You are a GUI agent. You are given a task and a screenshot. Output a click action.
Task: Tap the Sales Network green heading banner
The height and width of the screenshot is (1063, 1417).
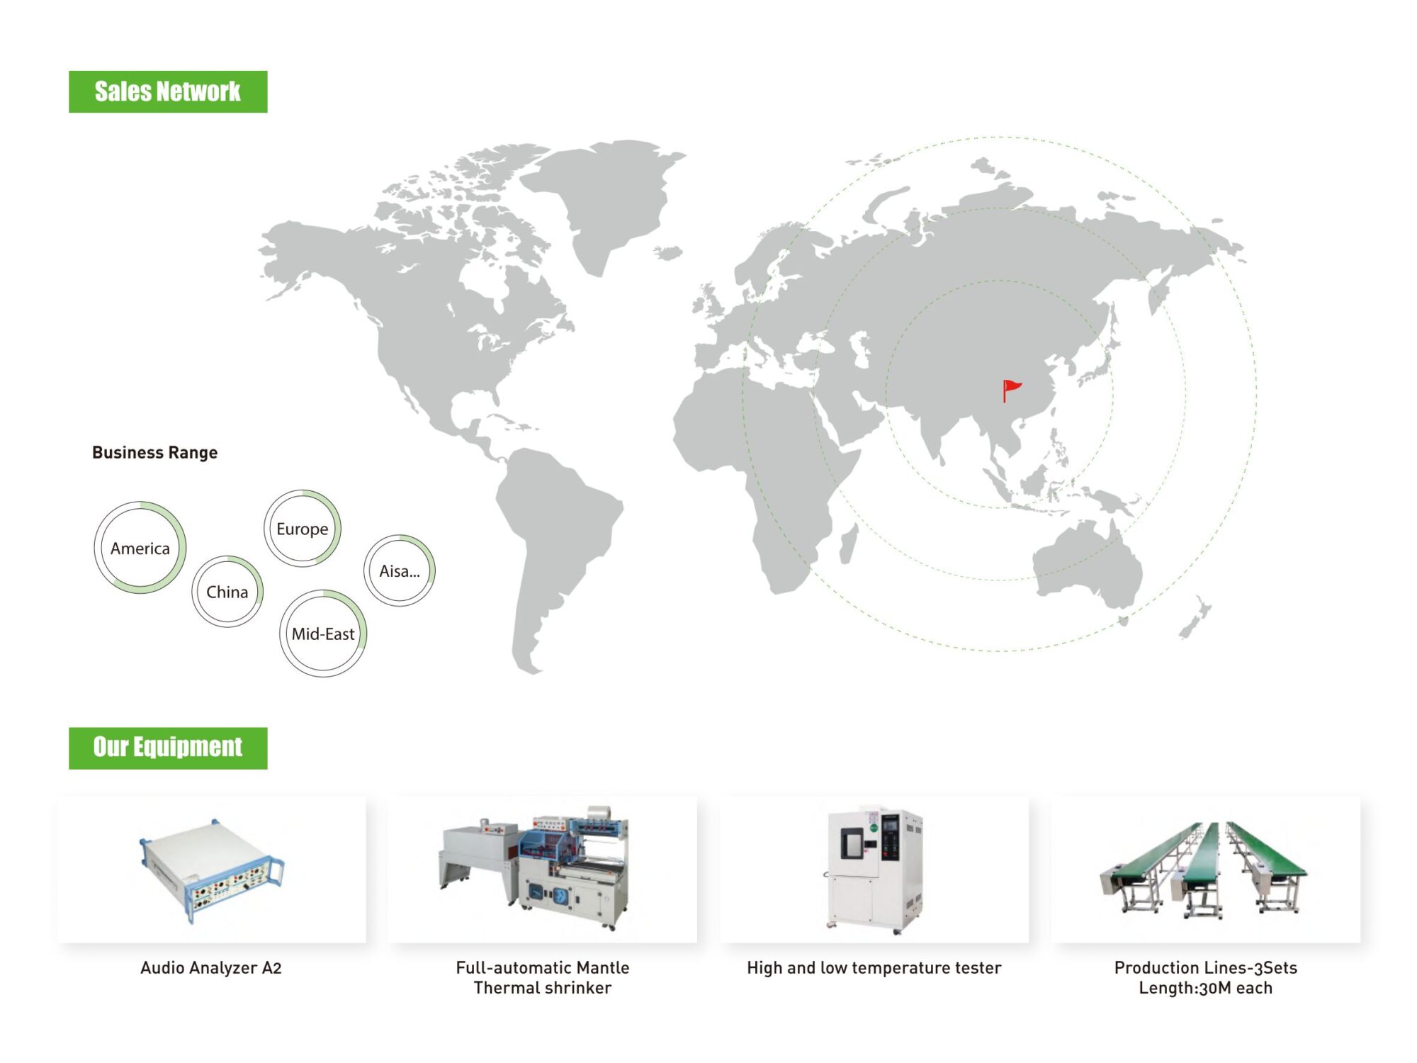(x=168, y=91)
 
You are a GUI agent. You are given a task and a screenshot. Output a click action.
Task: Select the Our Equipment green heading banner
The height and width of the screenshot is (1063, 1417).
(x=168, y=748)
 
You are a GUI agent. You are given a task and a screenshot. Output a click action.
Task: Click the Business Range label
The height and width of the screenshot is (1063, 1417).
(x=154, y=452)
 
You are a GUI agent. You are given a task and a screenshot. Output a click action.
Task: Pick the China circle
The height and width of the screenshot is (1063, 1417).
(x=227, y=557)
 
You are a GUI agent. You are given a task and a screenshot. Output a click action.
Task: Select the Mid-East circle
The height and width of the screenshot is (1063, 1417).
(x=323, y=591)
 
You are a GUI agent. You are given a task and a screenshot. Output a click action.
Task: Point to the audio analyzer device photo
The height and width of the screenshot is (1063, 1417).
(x=211, y=871)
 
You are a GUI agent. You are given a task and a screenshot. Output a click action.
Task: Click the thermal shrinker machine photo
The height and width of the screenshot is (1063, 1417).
(x=535, y=868)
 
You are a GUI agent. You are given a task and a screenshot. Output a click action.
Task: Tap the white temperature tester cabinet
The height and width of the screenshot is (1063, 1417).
(x=875, y=870)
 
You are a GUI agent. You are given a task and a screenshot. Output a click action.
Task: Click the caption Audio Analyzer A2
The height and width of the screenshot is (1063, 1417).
(x=211, y=968)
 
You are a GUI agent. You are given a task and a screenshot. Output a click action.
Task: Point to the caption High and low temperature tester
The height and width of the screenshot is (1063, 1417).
(x=874, y=968)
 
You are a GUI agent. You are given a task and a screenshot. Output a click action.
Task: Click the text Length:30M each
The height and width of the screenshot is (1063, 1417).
(x=1206, y=988)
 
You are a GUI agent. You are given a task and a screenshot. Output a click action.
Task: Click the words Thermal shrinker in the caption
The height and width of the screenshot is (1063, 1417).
(x=543, y=988)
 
